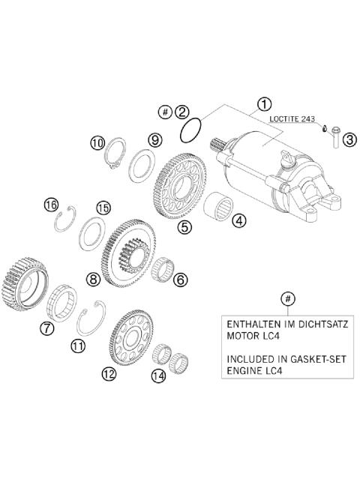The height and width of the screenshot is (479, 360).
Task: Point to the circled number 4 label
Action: point(238,220)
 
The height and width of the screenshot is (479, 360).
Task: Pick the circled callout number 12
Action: point(109,373)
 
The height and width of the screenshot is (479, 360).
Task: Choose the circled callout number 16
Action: point(51,204)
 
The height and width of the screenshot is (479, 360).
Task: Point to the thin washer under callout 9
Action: point(140,164)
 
